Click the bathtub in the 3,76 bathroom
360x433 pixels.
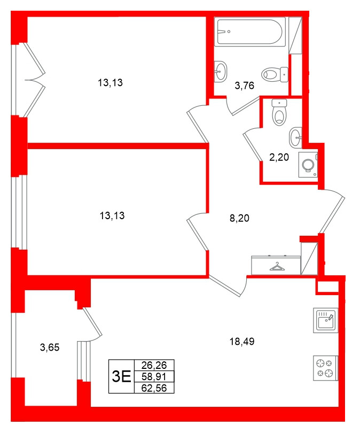pyautogui.click(x=249, y=32)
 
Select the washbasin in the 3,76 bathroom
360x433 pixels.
pyautogui.click(x=221, y=71)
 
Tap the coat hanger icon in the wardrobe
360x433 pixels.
pyautogui.click(x=277, y=266)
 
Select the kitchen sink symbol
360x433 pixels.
pyautogui.click(x=325, y=321)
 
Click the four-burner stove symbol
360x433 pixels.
pyautogui.click(x=325, y=368)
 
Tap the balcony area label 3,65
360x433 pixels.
pyautogui.click(x=50, y=347)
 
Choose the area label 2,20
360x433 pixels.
pyautogui.click(x=278, y=157)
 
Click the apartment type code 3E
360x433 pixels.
pyautogui.click(x=121, y=376)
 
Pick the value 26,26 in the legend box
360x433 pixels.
pyautogui.click(x=154, y=366)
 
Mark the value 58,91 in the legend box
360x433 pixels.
pyautogui.click(x=154, y=377)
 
